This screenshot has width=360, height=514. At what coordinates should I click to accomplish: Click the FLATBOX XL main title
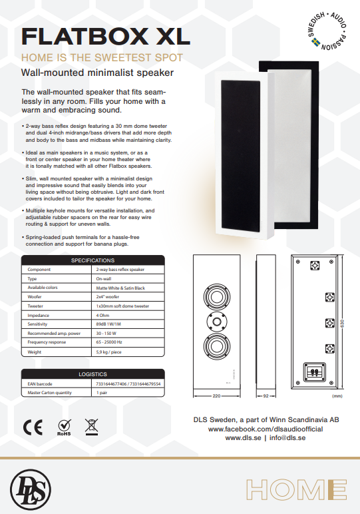coord(106,36)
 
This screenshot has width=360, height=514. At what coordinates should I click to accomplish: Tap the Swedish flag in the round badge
coord(315,43)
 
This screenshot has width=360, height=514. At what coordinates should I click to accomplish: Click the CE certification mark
coord(33,427)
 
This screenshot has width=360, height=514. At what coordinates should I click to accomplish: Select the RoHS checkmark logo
coord(64,427)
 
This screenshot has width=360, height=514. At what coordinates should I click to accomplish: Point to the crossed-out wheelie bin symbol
coord(91,427)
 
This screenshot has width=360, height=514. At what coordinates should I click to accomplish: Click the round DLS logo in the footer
coord(31,489)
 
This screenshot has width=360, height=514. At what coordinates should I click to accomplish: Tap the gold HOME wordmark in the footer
coord(297,490)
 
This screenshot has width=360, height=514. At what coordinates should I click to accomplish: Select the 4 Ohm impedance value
coord(102,316)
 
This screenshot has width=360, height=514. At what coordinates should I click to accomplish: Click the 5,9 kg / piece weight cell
coord(108,352)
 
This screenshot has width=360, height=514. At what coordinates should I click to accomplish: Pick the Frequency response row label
coord(47,342)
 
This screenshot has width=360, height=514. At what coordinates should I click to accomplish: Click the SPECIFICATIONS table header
coord(92,260)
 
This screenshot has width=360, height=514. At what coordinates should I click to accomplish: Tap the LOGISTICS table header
coord(92,374)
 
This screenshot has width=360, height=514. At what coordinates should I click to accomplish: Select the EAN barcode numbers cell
coord(128,384)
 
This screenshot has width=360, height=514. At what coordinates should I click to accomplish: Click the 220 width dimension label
coord(216,396)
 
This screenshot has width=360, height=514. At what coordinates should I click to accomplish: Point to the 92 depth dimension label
coord(266,396)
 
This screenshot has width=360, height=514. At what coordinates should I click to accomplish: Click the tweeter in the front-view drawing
coord(217,322)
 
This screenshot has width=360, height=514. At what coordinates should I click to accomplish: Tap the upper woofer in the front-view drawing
coord(217,298)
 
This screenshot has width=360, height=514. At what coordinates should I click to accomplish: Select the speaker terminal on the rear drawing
coord(315,372)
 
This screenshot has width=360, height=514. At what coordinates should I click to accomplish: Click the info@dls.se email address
coord(287,438)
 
